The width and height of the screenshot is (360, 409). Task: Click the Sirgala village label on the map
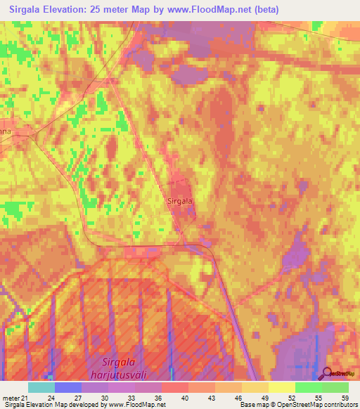180,200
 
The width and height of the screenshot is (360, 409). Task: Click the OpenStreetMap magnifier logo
328,372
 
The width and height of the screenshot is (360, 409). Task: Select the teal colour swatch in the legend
41,387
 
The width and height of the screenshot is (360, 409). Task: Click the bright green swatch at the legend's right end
335,387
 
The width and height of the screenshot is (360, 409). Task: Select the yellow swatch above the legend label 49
255,387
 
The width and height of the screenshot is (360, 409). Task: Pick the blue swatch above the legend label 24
68,387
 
